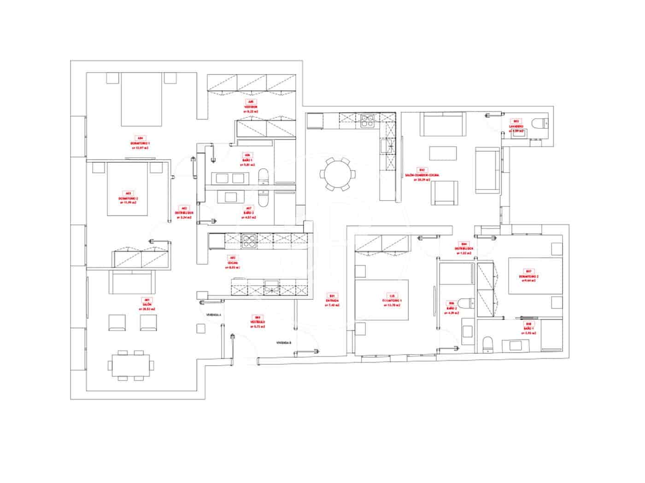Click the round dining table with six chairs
(x=338, y=174)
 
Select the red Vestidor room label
(x=251, y=106)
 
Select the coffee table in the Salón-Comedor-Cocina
(x=443, y=152)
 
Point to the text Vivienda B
(x=284, y=343)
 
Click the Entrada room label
(x=332, y=299)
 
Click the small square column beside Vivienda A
(x=200, y=328)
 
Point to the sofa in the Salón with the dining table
(x=131, y=281)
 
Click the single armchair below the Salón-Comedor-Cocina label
(x=444, y=192)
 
